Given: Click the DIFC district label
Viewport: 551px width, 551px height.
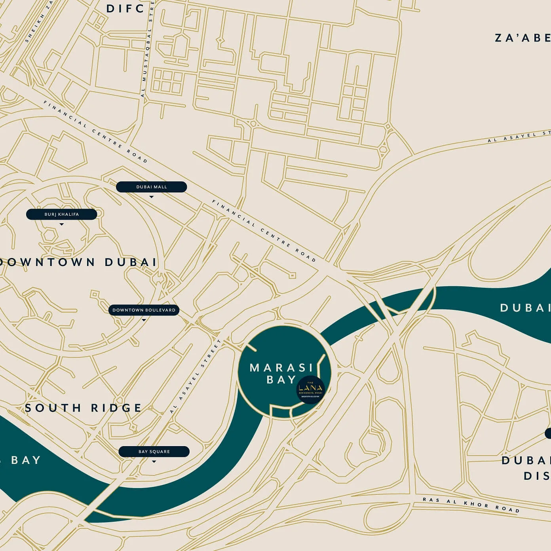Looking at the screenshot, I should (x=125, y=9).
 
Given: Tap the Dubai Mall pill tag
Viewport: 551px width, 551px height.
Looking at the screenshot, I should (x=151, y=187).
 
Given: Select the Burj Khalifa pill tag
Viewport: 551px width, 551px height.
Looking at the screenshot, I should (x=61, y=215).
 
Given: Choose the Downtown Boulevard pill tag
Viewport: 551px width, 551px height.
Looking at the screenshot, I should (x=144, y=310).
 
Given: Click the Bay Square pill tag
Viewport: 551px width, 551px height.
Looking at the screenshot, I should (x=154, y=452).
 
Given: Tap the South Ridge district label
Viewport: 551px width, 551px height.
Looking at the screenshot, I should (x=83, y=408).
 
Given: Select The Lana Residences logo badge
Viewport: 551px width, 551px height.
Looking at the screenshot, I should (x=311, y=389).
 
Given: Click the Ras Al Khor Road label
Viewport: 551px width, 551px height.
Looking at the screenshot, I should (x=471, y=505).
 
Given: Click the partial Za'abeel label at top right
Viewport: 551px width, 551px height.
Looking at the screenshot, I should (x=522, y=38).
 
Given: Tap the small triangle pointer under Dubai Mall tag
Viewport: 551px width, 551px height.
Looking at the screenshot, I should (x=151, y=197).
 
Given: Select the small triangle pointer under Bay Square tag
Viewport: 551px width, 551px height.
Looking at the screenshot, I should (x=154, y=462).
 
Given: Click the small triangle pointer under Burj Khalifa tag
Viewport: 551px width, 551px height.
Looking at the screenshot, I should (x=61, y=224).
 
